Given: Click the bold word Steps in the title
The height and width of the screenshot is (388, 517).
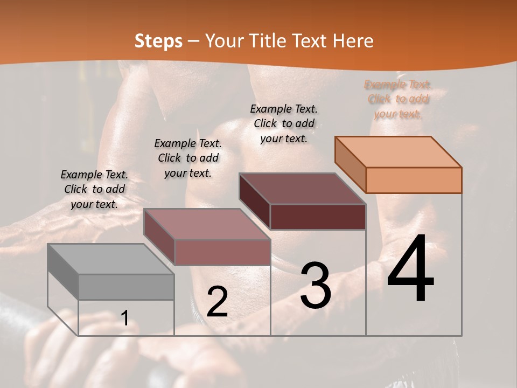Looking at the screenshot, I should (x=158, y=41).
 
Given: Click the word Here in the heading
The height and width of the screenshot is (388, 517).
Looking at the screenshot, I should (x=353, y=41).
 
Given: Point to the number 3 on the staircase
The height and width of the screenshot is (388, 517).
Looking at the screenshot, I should (x=316, y=285).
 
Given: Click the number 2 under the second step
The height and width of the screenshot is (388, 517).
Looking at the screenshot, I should (x=217, y=302).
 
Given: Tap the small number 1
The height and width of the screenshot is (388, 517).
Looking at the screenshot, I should (x=125, y=318).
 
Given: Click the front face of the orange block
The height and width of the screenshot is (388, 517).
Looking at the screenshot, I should (x=414, y=180).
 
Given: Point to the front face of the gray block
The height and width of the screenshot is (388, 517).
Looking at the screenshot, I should (x=127, y=287).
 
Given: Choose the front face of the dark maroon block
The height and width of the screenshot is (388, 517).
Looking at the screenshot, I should (x=318, y=217).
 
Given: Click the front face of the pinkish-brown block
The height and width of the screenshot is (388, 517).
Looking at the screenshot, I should (x=222, y=252).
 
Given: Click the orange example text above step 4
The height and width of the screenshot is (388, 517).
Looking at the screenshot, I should (x=398, y=99).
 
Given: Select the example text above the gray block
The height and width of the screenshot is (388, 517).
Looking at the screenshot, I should (x=94, y=189).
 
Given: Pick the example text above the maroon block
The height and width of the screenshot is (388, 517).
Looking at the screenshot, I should (x=284, y=123).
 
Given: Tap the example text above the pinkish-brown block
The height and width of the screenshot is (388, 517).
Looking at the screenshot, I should (x=188, y=158).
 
